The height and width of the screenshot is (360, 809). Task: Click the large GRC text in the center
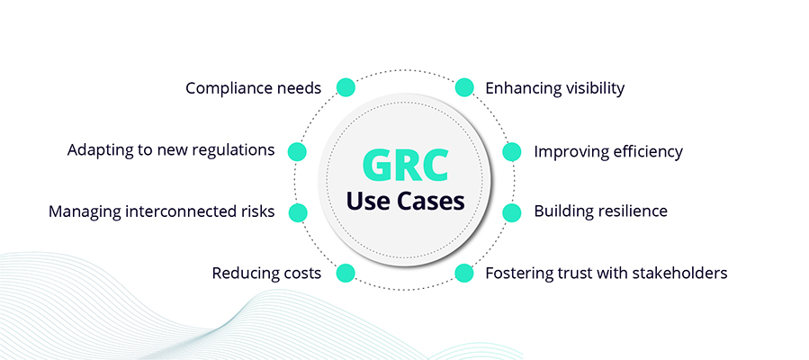point(404,165)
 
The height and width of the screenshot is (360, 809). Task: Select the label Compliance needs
point(253,88)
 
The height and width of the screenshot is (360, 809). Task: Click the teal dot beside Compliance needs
point(345,87)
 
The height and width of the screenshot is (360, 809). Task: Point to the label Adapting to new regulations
point(171,150)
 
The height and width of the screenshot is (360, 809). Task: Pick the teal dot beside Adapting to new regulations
point(297,151)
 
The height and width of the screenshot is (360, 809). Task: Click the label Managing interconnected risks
point(162,212)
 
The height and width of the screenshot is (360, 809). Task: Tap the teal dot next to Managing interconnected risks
point(297,213)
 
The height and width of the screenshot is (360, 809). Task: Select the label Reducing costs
point(266,273)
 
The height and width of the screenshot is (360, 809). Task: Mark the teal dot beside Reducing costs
point(345,273)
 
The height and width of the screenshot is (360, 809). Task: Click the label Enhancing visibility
point(555,88)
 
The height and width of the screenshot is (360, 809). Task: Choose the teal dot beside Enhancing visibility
point(464,87)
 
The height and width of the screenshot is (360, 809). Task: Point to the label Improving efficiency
point(608,151)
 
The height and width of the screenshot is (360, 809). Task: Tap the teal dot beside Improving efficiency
point(512,151)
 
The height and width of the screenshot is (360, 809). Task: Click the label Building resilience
point(600,212)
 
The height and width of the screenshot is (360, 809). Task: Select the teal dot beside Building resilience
point(512,213)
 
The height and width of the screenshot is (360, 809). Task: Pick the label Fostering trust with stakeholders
point(607,273)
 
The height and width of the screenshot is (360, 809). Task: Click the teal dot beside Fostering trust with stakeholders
point(464,273)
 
